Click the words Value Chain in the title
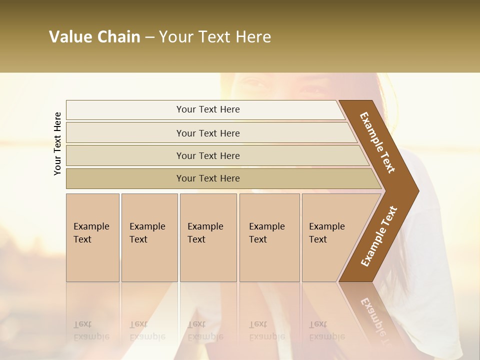pyautogui.click(x=94, y=37)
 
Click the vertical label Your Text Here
pyautogui.click(x=57, y=143)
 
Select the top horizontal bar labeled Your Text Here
pyautogui.click(x=207, y=109)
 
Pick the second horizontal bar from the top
pyautogui.click(x=207, y=133)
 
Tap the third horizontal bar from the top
pyautogui.click(x=207, y=155)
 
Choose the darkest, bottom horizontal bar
pyautogui.click(x=207, y=178)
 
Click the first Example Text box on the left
pyautogui.click(x=92, y=237)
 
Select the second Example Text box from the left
pyautogui.click(x=149, y=237)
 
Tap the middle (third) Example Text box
pyautogui.click(x=208, y=237)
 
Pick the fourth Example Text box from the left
pyautogui.click(x=269, y=237)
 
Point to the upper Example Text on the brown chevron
pyautogui.click(x=377, y=142)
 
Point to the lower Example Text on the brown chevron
pyautogui.click(x=378, y=236)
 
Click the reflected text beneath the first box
pyautogui.click(x=91, y=330)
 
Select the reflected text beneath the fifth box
pyautogui.click(x=326, y=330)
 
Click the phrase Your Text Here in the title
pyautogui.click(x=215, y=37)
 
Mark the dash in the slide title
pyautogui.click(x=149, y=37)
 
